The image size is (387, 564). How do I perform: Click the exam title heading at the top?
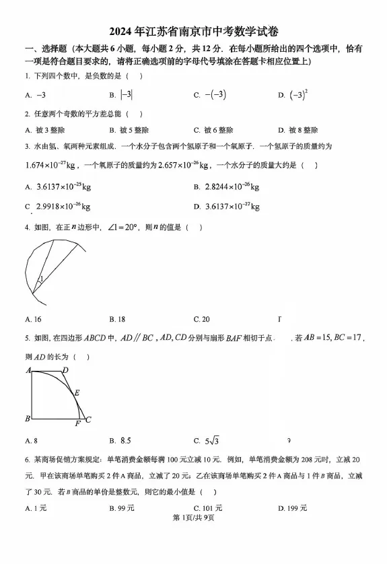click(x=193, y=32)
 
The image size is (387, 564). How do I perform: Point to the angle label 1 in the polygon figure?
click(x=40, y=279)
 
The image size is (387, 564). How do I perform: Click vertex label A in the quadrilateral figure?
click(x=29, y=370)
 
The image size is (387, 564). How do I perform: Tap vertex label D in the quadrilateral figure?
click(x=65, y=370)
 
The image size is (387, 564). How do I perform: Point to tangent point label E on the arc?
click(x=77, y=392)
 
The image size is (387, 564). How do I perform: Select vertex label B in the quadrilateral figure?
click(x=28, y=419)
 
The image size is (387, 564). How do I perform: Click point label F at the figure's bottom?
click(x=77, y=424)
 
